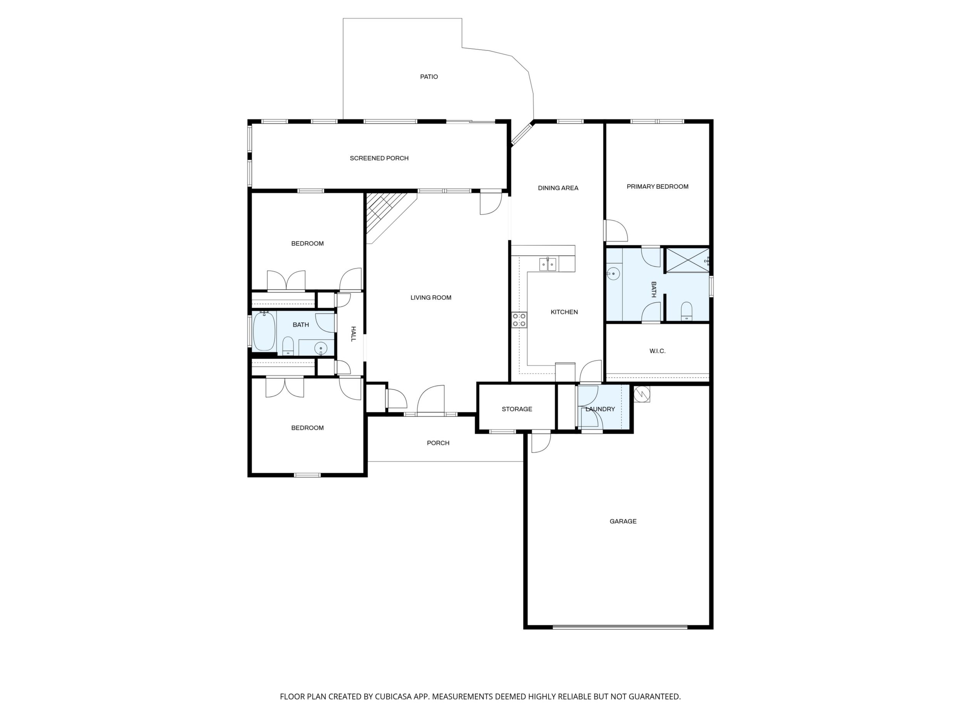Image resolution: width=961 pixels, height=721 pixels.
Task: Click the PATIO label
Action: [429, 77]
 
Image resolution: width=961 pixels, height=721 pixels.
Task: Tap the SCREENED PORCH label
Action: [379, 158]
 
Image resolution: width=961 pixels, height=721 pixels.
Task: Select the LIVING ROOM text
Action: [431, 298]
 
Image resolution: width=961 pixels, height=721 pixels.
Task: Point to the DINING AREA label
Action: [558, 188]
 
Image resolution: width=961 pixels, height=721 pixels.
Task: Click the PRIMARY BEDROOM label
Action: [658, 186]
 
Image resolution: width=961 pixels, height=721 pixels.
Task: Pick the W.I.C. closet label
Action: [658, 351]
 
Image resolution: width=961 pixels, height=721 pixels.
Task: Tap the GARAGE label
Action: [623, 521]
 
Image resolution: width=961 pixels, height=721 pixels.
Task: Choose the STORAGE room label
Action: [517, 409]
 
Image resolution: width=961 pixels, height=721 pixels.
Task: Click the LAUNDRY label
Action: [600, 409]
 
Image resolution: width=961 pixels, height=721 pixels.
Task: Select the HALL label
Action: [353, 334]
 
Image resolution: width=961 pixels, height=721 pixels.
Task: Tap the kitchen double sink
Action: [548, 264]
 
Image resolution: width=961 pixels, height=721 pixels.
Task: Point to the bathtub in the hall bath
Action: [264, 331]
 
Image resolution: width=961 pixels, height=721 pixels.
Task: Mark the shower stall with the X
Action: [688, 260]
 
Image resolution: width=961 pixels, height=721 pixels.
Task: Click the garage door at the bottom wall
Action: [620, 627]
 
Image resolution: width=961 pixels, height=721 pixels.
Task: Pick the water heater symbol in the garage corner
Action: [642, 394]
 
